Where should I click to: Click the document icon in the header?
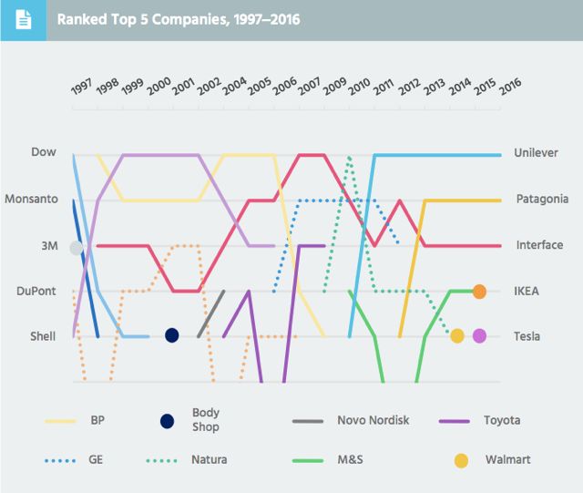coord(23,19)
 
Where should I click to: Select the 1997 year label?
coord(82,87)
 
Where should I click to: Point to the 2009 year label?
coord(334,87)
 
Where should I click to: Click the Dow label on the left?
coord(44,152)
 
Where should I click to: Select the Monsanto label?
coord(31,199)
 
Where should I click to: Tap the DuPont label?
coord(36,292)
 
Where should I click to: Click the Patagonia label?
coord(542,199)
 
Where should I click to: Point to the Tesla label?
coord(527,336)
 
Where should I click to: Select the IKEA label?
coord(526,292)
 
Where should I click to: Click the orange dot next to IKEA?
coord(479,292)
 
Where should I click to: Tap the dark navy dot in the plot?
coord(171,335)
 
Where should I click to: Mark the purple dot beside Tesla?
coord(479,336)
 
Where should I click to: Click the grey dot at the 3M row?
coord(77,248)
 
